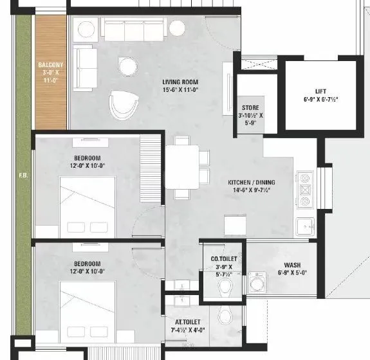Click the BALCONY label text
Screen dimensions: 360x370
point(50,64)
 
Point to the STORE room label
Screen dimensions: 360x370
point(250,107)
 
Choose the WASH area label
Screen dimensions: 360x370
point(294,265)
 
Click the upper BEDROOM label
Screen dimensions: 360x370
point(87,158)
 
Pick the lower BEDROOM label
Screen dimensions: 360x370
point(87,264)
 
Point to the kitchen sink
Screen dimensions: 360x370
point(304,226)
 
